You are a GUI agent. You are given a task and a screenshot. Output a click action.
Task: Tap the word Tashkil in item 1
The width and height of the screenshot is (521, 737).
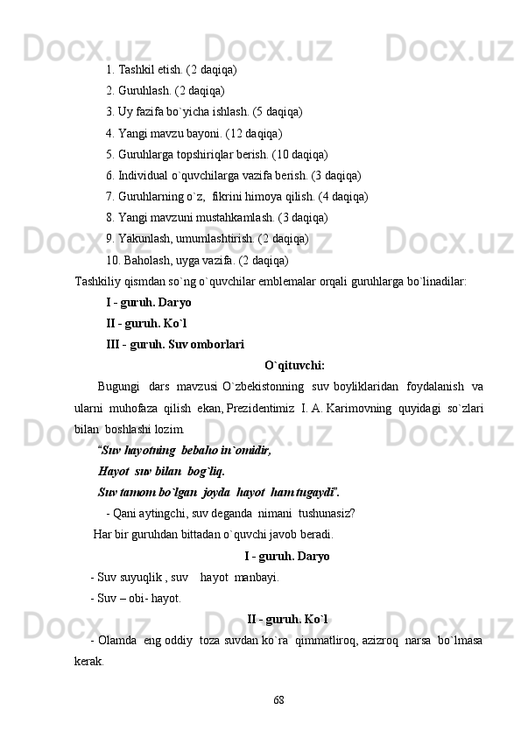[136, 68]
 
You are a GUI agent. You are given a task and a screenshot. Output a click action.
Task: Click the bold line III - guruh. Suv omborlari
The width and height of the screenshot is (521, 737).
[174, 344]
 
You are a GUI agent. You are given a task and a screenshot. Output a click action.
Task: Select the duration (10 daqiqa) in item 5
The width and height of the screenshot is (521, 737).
[296, 154]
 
